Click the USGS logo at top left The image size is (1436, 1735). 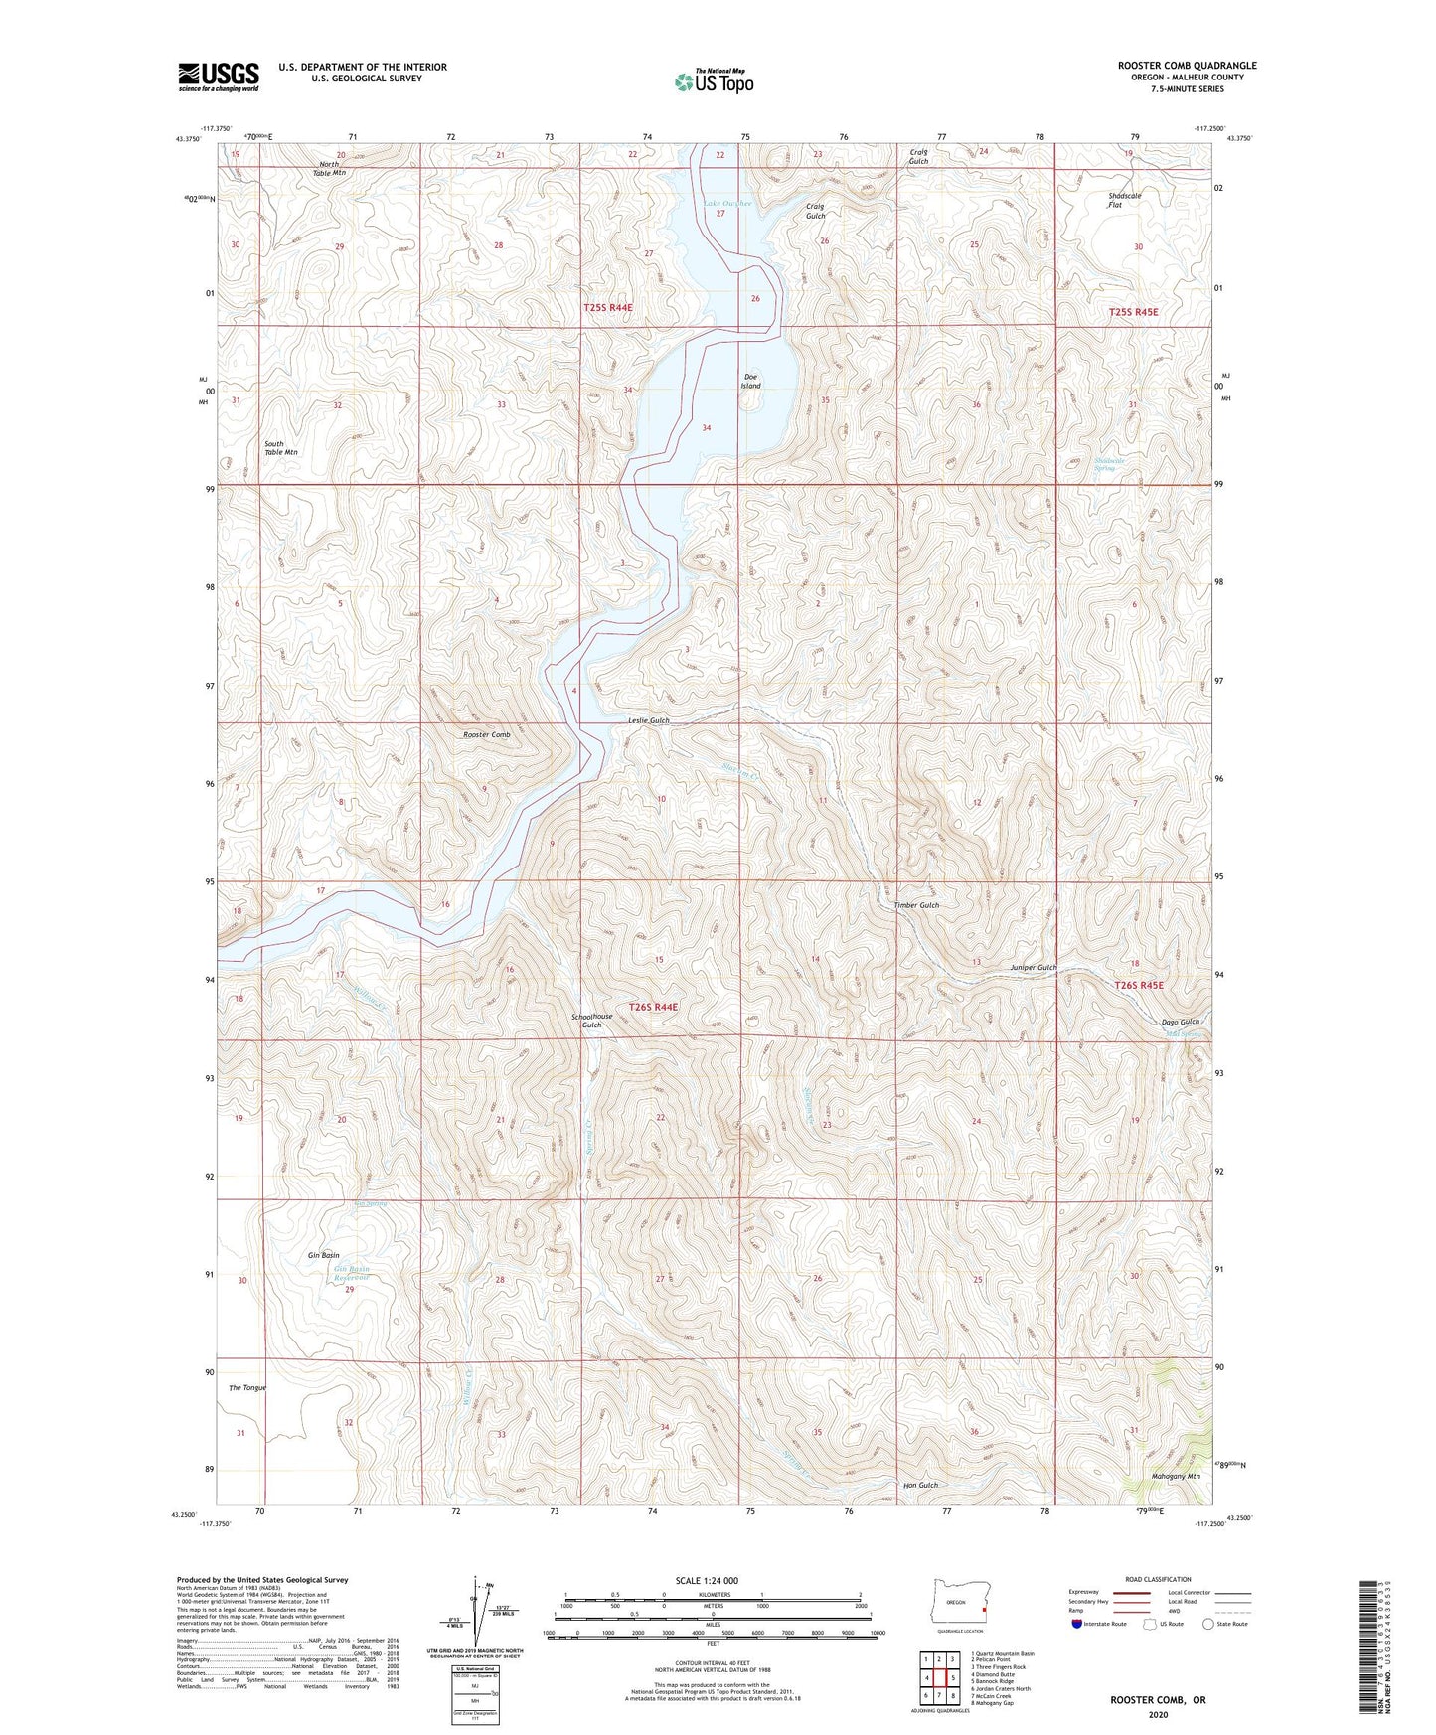click(219, 77)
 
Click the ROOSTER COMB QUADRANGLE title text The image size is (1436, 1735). click(1187, 66)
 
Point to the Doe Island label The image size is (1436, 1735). click(751, 381)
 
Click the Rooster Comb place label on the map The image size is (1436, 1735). click(486, 734)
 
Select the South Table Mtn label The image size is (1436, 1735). click(280, 448)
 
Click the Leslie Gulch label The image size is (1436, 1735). click(648, 720)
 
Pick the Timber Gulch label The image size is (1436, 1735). click(915, 905)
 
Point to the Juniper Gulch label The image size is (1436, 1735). click(1034, 967)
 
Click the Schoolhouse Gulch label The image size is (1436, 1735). click(591, 1021)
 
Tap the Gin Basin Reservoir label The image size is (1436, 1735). click(351, 1273)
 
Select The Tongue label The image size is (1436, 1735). click(247, 1387)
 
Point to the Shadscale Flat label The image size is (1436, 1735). click(1124, 200)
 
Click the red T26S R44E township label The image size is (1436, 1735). click(653, 1007)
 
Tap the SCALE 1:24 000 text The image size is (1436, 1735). click(712, 1580)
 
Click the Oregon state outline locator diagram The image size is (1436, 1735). click(957, 1602)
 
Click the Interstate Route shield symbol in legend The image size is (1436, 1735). click(1077, 1624)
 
